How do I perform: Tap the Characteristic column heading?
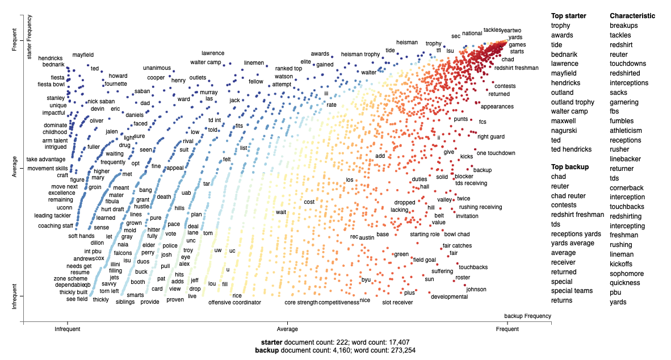(632, 16)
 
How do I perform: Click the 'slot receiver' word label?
(397, 303)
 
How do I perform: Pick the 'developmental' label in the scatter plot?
(449, 297)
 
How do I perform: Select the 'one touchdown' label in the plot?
(496, 153)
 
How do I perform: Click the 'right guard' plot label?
(491, 137)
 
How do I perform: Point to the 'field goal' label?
(425, 260)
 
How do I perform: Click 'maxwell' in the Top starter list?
(563, 121)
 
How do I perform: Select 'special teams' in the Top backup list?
(572, 291)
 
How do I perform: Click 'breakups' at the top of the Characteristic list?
(624, 26)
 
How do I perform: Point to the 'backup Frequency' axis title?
(527, 316)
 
